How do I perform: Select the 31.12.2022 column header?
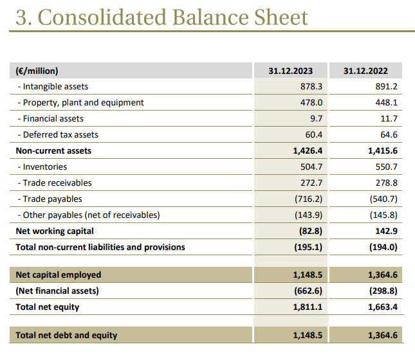click(x=365, y=71)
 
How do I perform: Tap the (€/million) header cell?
click(x=37, y=71)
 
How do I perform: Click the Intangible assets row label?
click(x=55, y=86)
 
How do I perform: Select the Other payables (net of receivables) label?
click(x=91, y=215)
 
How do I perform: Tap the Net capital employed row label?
click(x=59, y=274)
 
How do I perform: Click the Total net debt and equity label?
click(x=66, y=335)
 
